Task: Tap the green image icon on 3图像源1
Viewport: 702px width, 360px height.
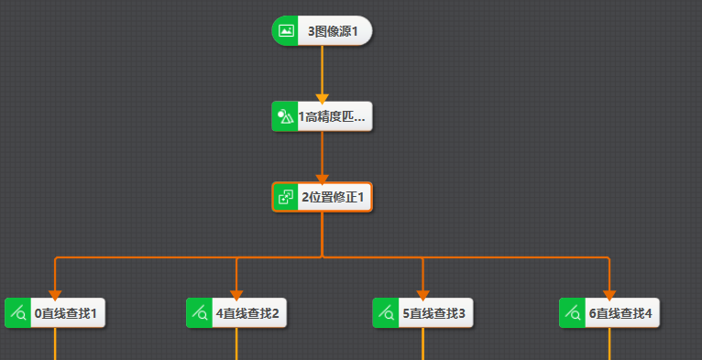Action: tap(286, 31)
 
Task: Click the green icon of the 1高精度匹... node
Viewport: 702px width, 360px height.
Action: tap(285, 117)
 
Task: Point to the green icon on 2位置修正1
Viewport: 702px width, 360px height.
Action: tap(286, 197)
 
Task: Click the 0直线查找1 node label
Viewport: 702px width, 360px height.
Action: tap(66, 313)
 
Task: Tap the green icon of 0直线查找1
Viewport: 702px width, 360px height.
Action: tap(18, 313)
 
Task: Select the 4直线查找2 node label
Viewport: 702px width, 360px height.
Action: tap(247, 313)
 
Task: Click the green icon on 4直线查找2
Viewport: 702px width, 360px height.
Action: tap(200, 313)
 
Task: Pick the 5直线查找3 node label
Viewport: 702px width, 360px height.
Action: tap(434, 313)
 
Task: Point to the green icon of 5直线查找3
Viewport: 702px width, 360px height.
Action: tap(386, 313)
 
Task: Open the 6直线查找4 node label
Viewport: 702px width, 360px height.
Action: tap(620, 313)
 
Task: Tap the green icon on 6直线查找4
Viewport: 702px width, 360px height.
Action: tap(573, 313)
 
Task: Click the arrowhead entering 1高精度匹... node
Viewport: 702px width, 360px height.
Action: tap(322, 96)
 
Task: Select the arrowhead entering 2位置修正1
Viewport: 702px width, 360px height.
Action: tap(322, 178)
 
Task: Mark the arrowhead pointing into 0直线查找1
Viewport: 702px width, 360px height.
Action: tap(55, 294)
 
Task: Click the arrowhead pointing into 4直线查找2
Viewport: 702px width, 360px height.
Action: tap(236, 294)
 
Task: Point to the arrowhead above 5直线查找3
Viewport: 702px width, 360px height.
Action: tap(422, 294)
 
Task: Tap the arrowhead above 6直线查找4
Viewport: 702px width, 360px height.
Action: tap(609, 294)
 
